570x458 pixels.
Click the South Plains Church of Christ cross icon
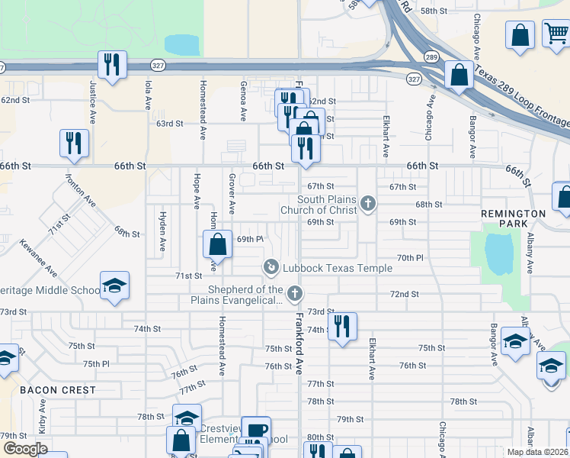[x=368, y=203]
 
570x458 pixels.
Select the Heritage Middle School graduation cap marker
[x=114, y=286]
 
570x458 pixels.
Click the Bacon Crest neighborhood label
[x=58, y=390]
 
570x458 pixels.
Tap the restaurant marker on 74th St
[x=342, y=327]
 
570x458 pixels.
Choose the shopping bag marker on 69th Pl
[x=217, y=244]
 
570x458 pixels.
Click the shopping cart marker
[x=556, y=34]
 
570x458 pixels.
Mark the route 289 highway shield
[x=431, y=57]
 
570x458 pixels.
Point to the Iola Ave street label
[x=148, y=95]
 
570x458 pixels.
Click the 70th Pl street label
[x=409, y=258]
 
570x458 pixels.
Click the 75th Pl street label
[x=96, y=364]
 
